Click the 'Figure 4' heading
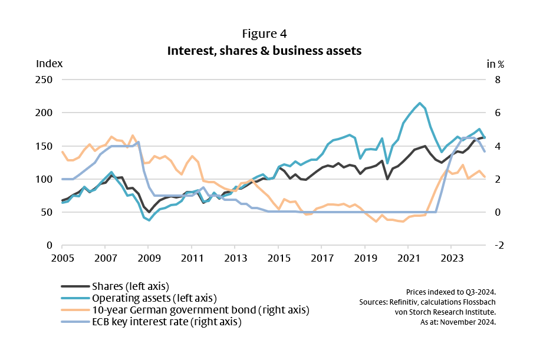point(264,34)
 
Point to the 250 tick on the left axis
point(45,80)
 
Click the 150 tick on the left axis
point(45,146)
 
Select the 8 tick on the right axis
point(497,80)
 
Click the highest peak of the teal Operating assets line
point(419,103)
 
